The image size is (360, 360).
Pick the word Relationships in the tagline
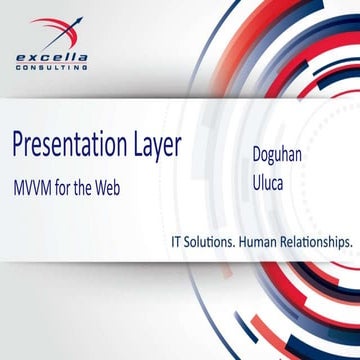(x=319, y=242)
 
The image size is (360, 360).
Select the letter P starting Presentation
(x=18, y=146)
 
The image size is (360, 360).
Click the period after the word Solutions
(x=239, y=246)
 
